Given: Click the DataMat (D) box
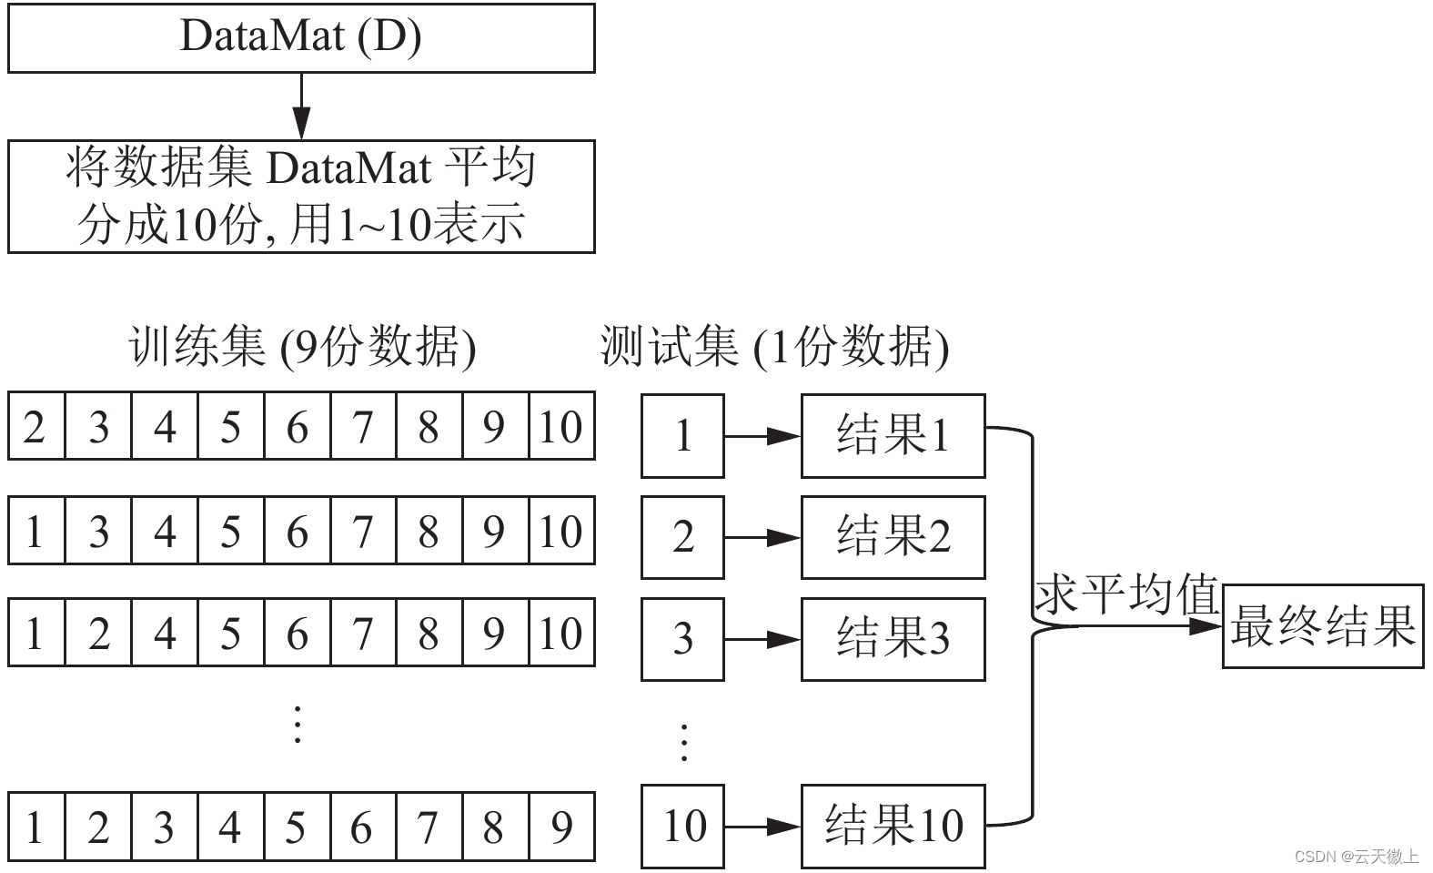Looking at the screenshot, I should (x=301, y=38).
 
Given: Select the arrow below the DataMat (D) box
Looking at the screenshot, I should (x=301, y=107).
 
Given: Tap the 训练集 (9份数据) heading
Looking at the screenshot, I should (x=302, y=347).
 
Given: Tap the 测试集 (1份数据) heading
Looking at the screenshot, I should (x=774, y=347).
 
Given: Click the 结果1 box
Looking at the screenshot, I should (x=893, y=436).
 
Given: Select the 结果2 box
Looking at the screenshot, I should (x=893, y=537).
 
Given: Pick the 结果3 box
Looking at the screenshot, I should (x=893, y=639).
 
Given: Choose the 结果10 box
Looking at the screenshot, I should (x=893, y=827).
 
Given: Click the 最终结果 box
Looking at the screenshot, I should (x=1322, y=626).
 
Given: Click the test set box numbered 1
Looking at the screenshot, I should (x=682, y=436).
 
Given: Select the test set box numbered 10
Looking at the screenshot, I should (x=682, y=827).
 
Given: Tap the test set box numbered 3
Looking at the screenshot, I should (x=682, y=639).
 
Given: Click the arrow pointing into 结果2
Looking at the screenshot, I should (x=762, y=538).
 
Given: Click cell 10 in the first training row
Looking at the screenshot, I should (x=561, y=426).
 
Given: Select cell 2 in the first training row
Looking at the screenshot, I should (x=35, y=426).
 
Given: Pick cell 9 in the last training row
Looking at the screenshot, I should (x=561, y=827).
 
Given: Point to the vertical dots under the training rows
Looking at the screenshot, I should (x=297, y=725).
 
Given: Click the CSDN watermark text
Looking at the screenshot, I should (x=1356, y=857).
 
